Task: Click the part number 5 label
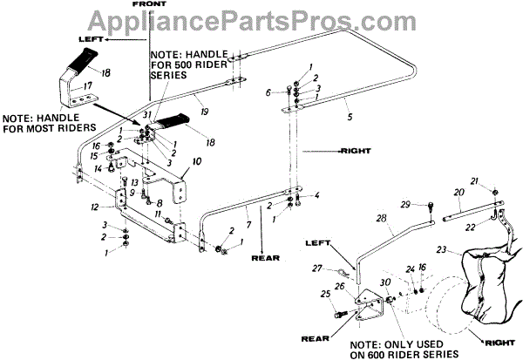click(323, 117)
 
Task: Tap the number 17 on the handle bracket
click(87, 85)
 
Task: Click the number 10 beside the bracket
click(197, 162)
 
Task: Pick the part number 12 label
click(95, 207)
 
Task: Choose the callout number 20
click(459, 191)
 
